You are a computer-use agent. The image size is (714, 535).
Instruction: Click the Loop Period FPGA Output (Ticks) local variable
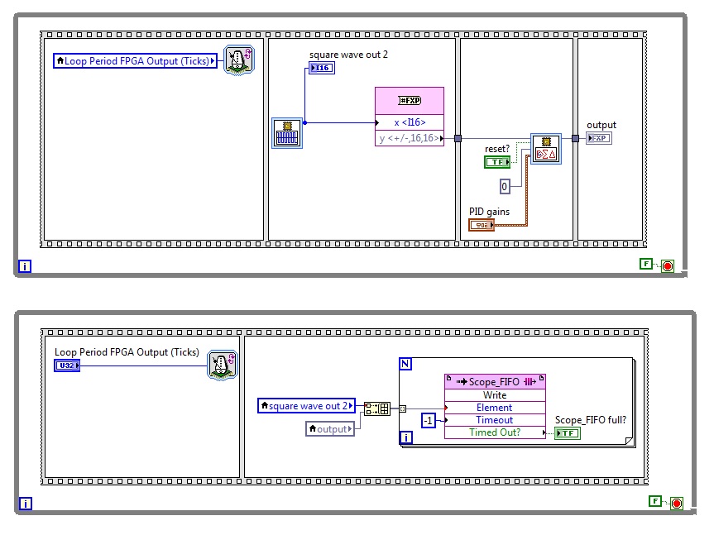pyautogui.click(x=135, y=60)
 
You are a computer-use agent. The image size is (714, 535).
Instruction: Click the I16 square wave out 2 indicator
pyautogui.click(x=321, y=68)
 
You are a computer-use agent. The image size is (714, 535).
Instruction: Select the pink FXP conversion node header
pyautogui.click(x=410, y=100)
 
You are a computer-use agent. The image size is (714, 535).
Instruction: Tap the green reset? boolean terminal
pyautogui.click(x=497, y=162)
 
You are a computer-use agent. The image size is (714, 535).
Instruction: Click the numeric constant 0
pyautogui.click(x=505, y=186)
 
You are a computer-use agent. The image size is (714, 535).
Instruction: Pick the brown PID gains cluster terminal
pyautogui.click(x=482, y=225)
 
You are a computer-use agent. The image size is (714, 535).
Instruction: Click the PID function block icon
pyautogui.click(x=546, y=150)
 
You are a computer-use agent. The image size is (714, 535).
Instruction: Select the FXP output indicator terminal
pyautogui.click(x=599, y=138)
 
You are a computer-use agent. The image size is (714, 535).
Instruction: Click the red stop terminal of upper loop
pyautogui.click(x=668, y=265)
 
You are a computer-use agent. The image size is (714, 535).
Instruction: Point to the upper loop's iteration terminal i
pyautogui.click(x=24, y=266)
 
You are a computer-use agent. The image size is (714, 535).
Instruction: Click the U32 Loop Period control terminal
pyautogui.click(x=67, y=365)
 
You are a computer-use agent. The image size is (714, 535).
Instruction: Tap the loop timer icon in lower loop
pyautogui.click(x=222, y=365)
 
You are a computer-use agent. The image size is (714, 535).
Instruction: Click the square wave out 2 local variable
pyautogui.click(x=307, y=405)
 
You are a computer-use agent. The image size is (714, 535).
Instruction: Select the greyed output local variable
pyautogui.click(x=331, y=428)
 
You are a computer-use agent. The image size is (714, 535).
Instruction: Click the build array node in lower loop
pyautogui.click(x=377, y=408)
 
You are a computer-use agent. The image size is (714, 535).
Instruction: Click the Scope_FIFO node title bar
pyautogui.click(x=495, y=382)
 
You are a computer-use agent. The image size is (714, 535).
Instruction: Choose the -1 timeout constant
pyautogui.click(x=428, y=420)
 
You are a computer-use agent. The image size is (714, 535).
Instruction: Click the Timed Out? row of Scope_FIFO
pyautogui.click(x=495, y=432)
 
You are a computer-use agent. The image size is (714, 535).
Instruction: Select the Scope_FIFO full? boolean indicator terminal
pyautogui.click(x=567, y=433)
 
